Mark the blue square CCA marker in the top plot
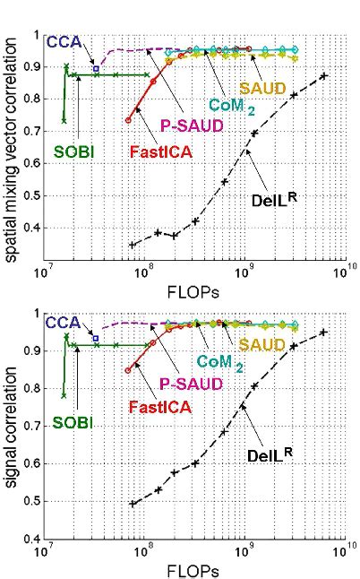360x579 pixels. pyautogui.click(x=96, y=68)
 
